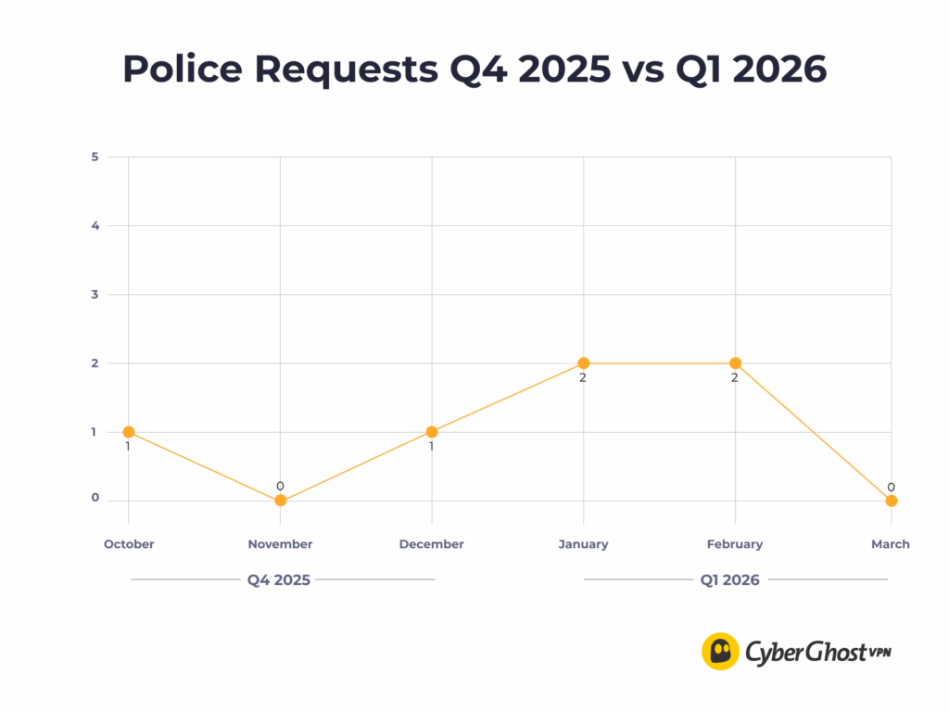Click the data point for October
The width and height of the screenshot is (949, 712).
coord(129,432)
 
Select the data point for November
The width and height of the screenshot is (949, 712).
coord(280,501)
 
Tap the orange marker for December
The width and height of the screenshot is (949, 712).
coord(432,432)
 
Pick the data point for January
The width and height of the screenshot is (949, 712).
coord(584,363)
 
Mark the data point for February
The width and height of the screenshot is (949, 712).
coord(735,363)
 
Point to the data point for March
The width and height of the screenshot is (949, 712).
coord(891,501)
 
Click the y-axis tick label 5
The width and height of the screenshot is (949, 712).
coord(95,157)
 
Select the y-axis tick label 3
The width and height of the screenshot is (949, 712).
coord(95,294)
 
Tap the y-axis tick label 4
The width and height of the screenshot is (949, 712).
coord(95,225)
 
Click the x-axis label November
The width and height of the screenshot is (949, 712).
coord(280,544)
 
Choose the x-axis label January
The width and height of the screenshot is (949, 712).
coord(583,544)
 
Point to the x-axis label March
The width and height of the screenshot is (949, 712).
coord(890,544)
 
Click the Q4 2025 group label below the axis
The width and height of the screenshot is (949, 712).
coord(279,580)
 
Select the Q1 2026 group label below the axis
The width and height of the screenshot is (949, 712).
coord(730,580)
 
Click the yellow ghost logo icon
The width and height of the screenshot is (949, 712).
coord(720,651)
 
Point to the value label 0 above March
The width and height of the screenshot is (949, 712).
coord(891,487)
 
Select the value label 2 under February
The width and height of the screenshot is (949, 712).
coord(735,377)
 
